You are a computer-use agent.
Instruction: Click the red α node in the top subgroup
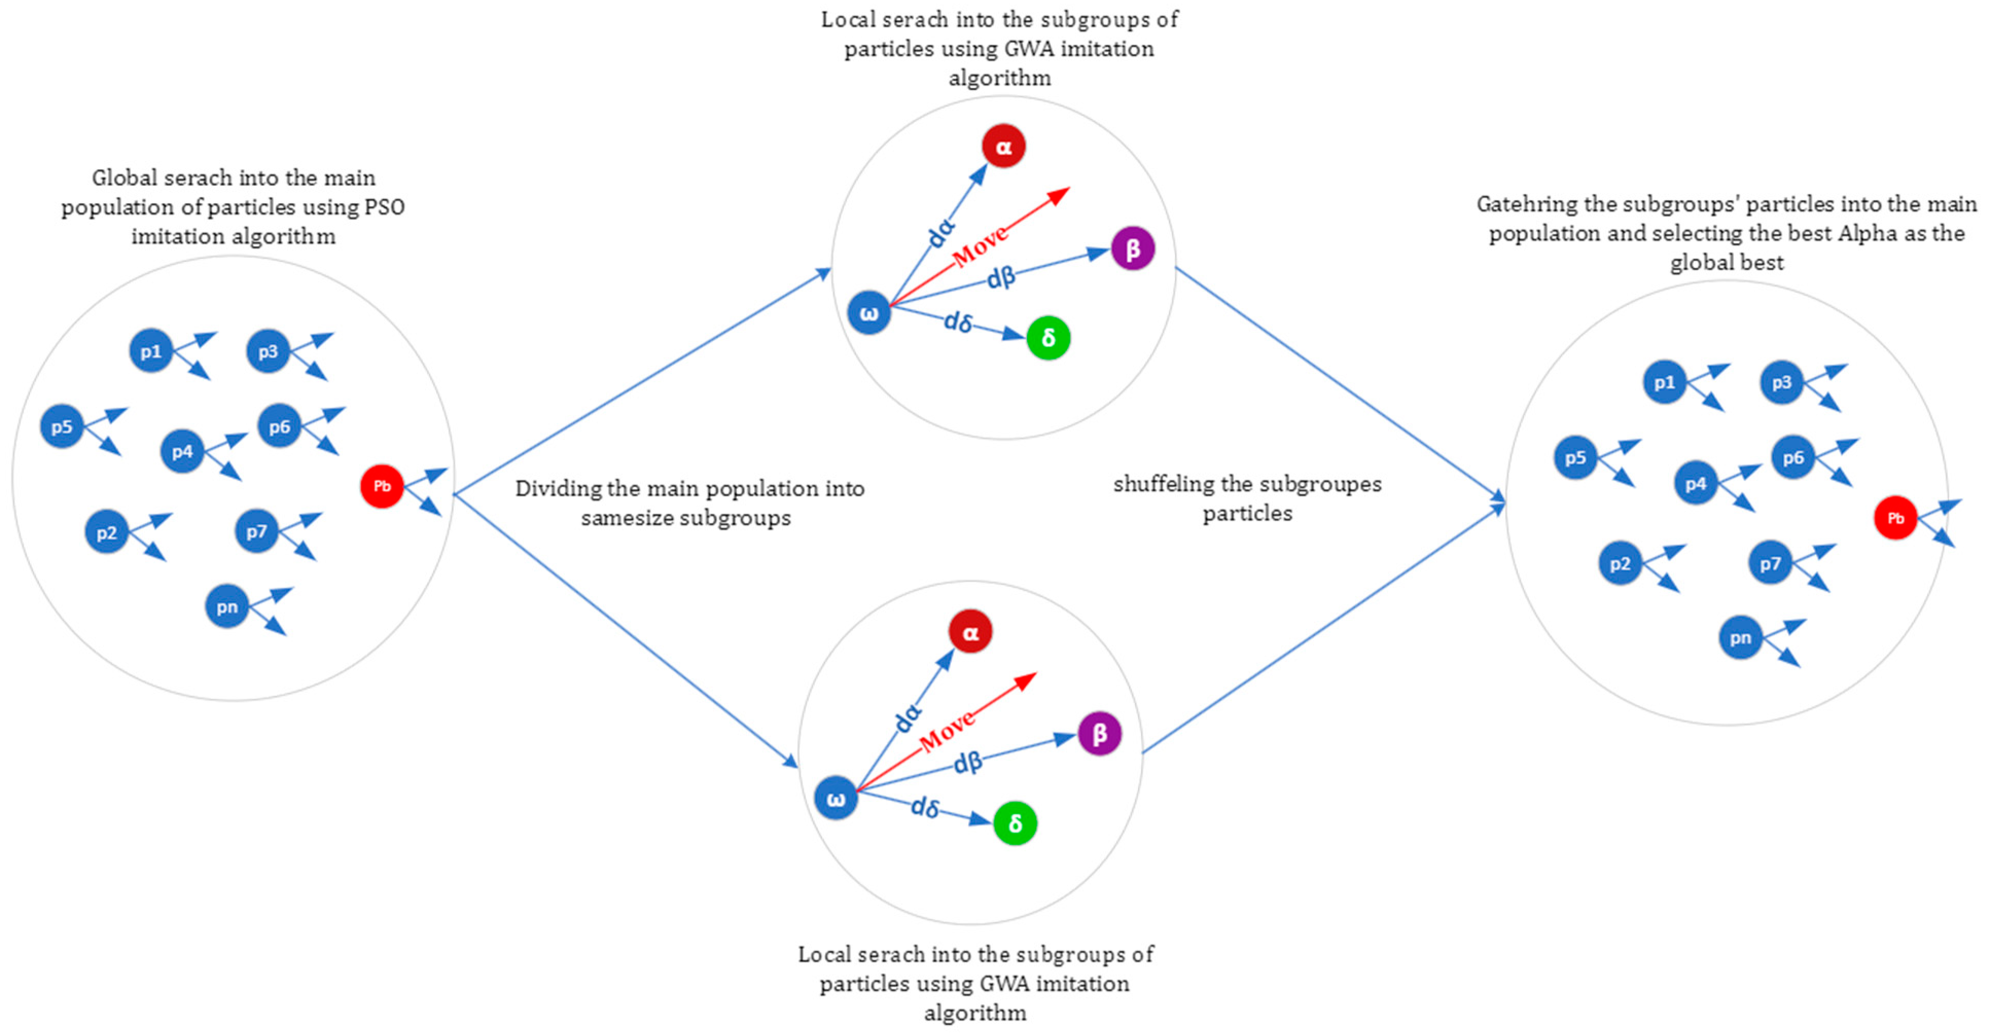click(1004, 146)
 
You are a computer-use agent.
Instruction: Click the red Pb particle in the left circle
click(382, 486)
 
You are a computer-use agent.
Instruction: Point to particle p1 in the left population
click(151, 351)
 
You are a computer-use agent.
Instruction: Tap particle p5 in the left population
click(62, 426)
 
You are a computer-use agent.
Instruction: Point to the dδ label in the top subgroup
click(958, 321)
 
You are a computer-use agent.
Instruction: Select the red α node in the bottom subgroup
click(970, 632)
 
